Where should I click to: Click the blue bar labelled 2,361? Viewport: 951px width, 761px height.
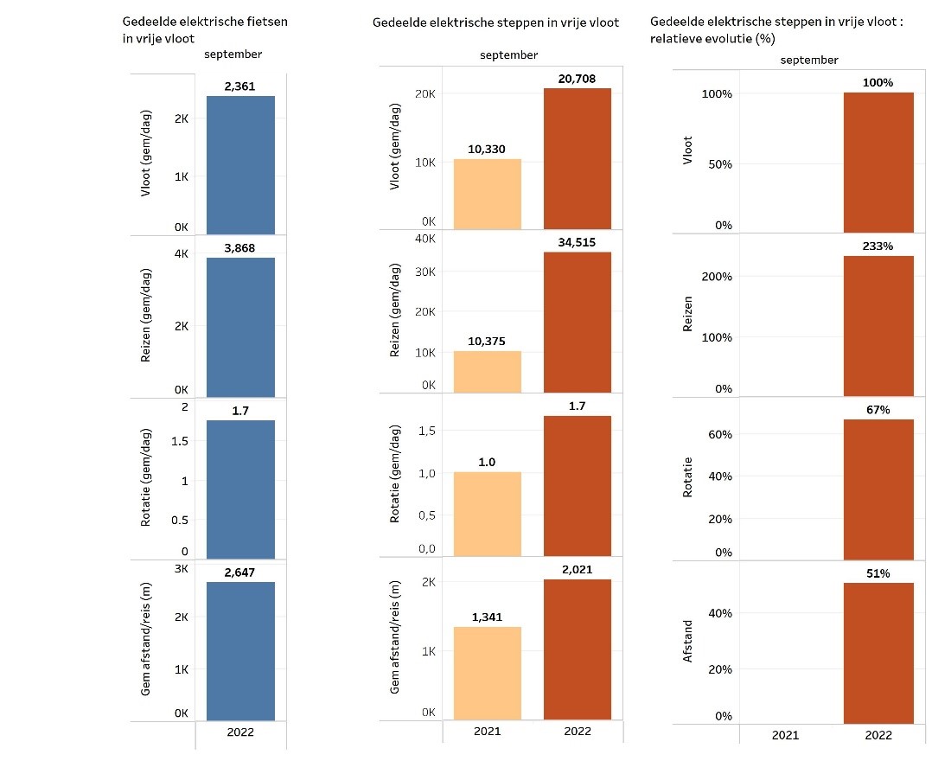click(x=240, y=164)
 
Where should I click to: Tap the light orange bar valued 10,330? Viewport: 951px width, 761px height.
click(x=487, y=195)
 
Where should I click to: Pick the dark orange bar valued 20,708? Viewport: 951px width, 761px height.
click(x=577, y=159)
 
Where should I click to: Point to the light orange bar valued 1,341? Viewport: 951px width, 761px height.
click(x=487, y=673)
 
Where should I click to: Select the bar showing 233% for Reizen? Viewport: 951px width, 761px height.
click(x=878, y=325)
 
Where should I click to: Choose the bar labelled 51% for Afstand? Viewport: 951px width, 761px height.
click(x=878, y=653)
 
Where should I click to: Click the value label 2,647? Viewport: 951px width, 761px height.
click(x=240, y=572)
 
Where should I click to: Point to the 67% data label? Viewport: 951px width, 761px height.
click(x=878, y=409)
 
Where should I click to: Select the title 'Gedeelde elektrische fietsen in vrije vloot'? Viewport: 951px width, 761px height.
click(x=205, y=29)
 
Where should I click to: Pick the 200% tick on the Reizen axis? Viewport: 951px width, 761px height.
click(x=717, y=277)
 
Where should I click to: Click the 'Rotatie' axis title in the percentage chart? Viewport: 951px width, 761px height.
click(x=688, y=477)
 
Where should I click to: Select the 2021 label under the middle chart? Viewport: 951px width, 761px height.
click(x=488, y=731)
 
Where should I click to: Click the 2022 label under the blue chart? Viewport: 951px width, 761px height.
click(x=240, y=731)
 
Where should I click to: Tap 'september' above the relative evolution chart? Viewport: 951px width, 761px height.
click(x=808, y=60)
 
